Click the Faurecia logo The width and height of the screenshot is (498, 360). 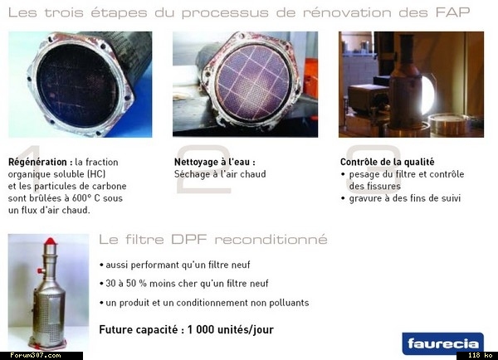point(442,343)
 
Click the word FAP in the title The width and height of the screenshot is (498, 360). point(452,12)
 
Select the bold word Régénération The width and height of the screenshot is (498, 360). point(37,163)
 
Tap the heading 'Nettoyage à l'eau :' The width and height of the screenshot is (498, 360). point(215,162)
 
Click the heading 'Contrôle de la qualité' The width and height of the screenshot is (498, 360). point(387,162)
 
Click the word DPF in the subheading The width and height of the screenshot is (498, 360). point(189,239)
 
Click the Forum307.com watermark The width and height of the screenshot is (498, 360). point(35,355)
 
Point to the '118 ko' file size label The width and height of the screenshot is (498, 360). point(480,355)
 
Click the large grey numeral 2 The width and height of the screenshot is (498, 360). point(203,169)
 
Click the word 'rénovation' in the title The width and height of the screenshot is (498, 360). point(347,12)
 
